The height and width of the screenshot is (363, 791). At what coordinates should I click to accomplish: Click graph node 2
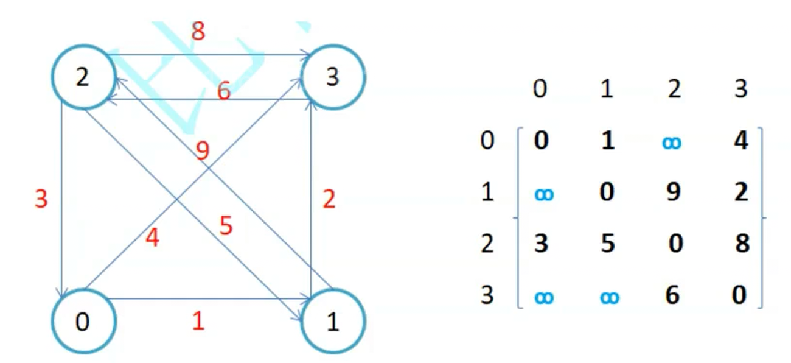click(x=83, y=79)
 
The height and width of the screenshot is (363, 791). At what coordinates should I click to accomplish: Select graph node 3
click(x=332, y=79)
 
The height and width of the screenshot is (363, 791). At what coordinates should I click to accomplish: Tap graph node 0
click(x=83, y=322)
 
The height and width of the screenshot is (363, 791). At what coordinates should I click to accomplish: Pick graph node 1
click(x=332, y=322)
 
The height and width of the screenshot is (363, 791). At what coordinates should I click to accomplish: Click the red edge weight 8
click(x=198, y=32)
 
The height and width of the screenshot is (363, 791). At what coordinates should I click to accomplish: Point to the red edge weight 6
click(x=223, y=93)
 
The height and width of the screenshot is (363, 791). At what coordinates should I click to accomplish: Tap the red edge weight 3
click(x=41, y=200)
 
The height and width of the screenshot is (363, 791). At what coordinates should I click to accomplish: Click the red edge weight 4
click(x=152, y=238)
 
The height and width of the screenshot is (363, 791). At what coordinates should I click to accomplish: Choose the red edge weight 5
click(x=226, y=227)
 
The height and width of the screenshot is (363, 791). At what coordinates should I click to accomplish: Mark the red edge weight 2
click(x=329, y=200)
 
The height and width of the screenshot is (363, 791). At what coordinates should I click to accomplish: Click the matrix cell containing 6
click(x=672, y=296)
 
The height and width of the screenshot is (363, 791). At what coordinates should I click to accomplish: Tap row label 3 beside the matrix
click(x=487, y=296)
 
